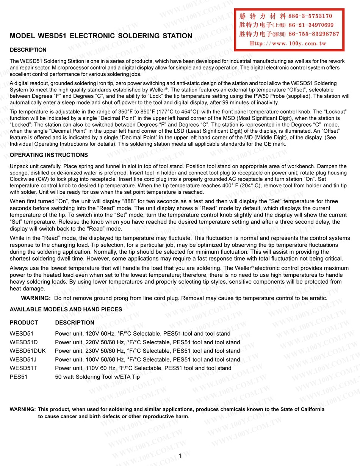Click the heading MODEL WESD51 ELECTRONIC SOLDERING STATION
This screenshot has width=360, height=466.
pos(101,36)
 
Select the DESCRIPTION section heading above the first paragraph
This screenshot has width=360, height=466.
pos(28,50)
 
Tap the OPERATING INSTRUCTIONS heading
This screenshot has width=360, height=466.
pos(49,155)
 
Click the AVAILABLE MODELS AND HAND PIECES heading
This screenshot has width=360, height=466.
pos(66,309)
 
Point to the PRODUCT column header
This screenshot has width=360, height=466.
pos(24,323)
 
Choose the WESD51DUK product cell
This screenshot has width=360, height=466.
pos(28,351)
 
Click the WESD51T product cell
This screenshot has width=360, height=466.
pos(23,368)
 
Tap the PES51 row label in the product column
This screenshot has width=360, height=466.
pos(19,377)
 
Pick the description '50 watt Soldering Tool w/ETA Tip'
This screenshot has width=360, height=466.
pos(97,377)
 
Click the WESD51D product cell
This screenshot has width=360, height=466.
pos(23,342)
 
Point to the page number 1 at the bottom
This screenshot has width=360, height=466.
pos(180,455)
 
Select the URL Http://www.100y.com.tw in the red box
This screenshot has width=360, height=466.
pos(288,44)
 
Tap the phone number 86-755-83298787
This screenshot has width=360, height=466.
pos(314,34)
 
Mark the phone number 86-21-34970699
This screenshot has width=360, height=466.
pos(311,25)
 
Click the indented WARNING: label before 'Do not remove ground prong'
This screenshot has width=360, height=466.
pos(36,298)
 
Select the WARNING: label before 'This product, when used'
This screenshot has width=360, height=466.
pos(23,410)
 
